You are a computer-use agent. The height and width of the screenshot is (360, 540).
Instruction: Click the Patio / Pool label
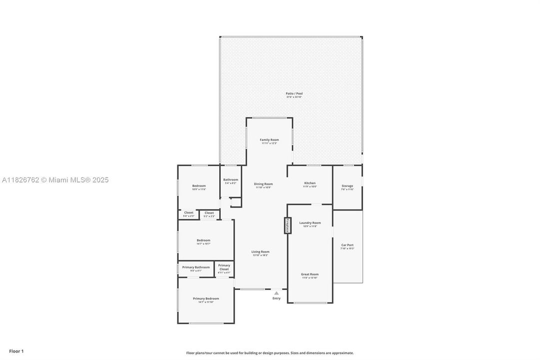point(294,93)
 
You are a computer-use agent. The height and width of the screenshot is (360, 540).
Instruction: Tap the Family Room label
point(269,140)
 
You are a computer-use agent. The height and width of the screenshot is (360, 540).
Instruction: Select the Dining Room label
point(263,184)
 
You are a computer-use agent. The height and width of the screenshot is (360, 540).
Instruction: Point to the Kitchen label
point(310,183)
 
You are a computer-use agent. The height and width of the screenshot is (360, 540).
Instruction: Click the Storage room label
point(347,186)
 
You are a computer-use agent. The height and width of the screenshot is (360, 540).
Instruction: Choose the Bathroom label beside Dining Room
point(230,179)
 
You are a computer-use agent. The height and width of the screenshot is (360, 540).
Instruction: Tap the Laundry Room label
point(310,223)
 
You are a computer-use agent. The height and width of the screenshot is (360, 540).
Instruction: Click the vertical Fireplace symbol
point(287,225)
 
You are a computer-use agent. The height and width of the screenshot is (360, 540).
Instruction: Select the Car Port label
point(347,245)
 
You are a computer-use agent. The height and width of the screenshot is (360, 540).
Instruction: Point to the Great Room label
point(310,274)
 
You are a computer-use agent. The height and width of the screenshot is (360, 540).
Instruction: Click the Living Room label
point(260,252)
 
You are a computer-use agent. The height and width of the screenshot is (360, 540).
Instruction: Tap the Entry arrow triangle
point(276,293)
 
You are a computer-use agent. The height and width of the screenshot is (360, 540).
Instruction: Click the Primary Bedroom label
point(206,298)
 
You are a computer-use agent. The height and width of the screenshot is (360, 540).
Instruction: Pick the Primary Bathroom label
point(196,267)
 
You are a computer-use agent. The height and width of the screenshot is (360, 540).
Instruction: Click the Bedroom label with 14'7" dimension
point(203,240)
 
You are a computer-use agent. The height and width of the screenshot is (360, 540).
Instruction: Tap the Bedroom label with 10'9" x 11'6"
point(199,186)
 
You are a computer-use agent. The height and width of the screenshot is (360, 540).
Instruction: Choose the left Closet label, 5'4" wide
point(188,213)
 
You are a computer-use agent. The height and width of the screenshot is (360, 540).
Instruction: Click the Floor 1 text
point(16,351)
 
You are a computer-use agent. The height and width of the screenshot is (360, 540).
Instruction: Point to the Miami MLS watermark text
point(55,180)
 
